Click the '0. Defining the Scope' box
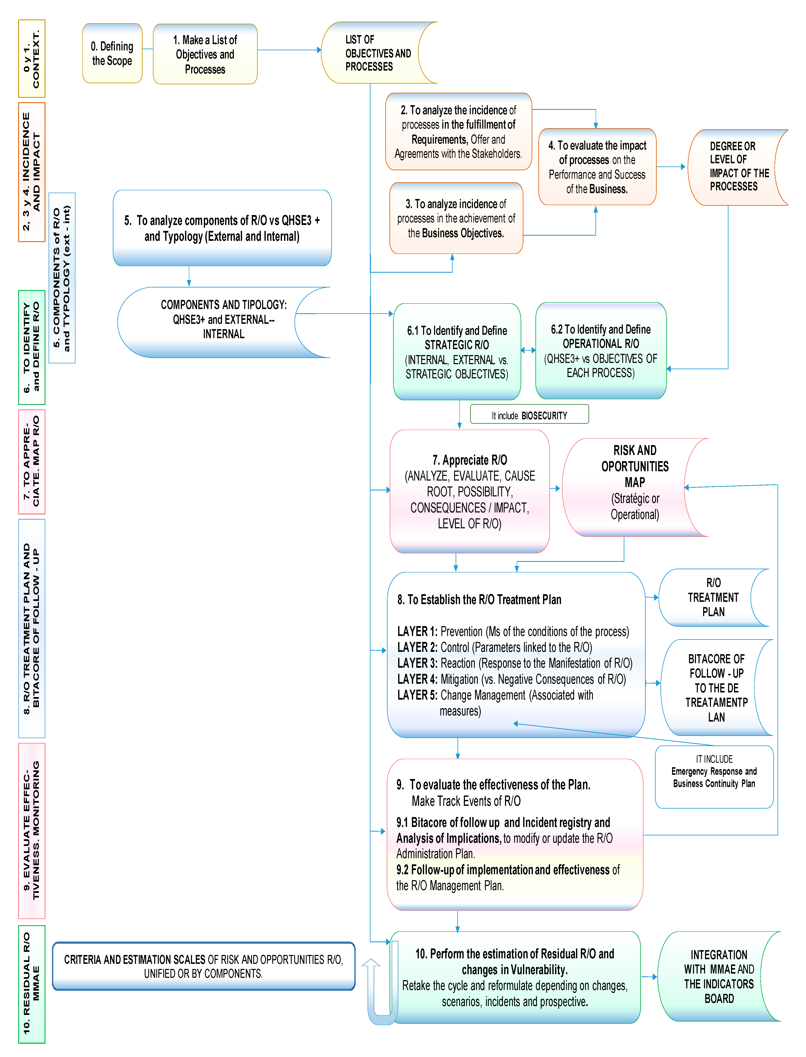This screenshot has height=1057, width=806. click(x=112, y=53)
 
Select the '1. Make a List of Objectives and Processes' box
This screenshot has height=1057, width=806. click(x=205, y=54)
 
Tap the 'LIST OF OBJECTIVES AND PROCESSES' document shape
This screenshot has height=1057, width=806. click(x=374, y=53)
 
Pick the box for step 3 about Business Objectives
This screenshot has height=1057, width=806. click(x=456, y=218)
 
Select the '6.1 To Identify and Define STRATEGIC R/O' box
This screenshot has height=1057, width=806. click(x=457, y=352)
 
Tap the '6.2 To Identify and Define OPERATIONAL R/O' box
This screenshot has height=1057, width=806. click(x=601, y=351)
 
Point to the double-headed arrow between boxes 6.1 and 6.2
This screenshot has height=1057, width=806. click(x=528, y=350)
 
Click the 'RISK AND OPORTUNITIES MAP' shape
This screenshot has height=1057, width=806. click(x=629, y=487)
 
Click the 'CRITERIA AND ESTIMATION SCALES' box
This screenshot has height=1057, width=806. click(x=203, y=966)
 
